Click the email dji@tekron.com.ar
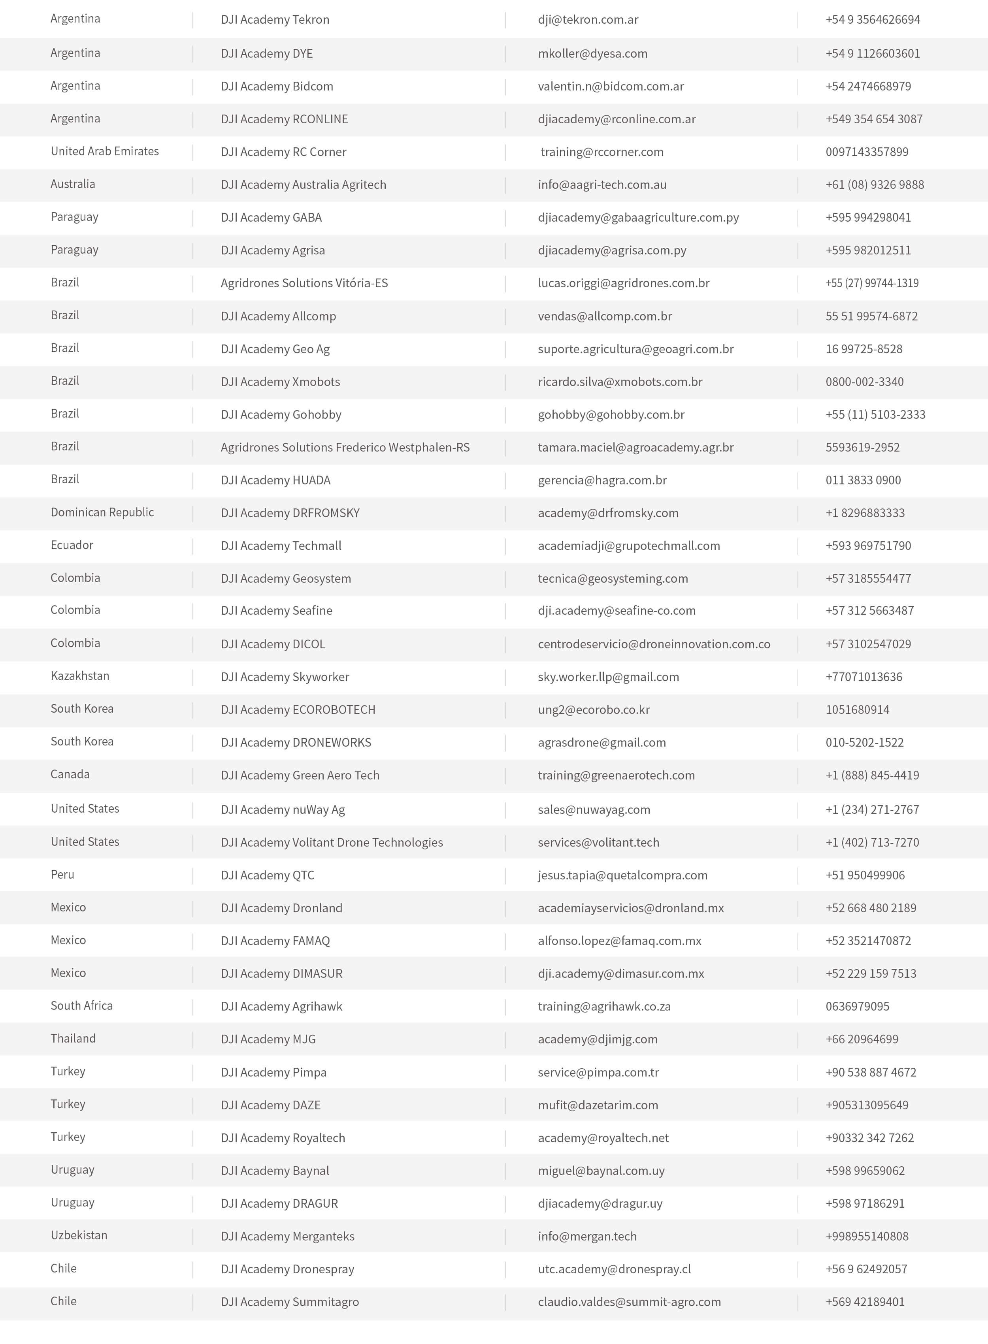click(588, 20)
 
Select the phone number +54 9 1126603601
click(873, 54)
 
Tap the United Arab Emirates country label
click(105, 151)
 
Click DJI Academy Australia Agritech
click(303, 185)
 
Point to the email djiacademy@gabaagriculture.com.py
click(638, 218)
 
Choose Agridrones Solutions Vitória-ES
click(304, 283)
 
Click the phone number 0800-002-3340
click(864, 382)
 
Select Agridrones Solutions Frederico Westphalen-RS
click(345, 448)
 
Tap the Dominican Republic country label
click(102, 512)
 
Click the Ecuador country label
click(72, 545)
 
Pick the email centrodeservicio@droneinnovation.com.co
click(654, 644)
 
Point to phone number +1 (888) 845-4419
click(872, 776)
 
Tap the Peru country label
click(62, 875)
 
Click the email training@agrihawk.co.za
click(604, 1007)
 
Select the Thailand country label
click(73, 1039)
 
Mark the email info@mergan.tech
click(587, 1237)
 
